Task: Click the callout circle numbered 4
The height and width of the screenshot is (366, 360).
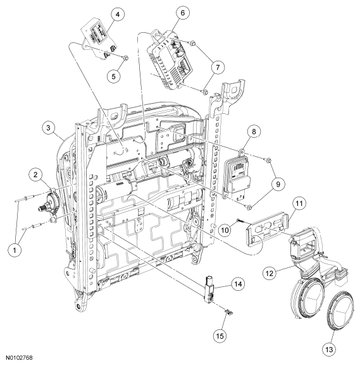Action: click(x=118, y=15)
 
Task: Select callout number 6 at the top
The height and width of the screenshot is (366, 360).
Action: click(x=182, y=13)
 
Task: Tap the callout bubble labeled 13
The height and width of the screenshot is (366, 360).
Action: click(x=329, y=350)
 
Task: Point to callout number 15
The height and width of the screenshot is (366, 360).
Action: click(x=220, y=336)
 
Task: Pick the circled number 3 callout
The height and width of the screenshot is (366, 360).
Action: click(x=48, y=128)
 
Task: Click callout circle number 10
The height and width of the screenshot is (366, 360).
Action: click(x=225, y=230)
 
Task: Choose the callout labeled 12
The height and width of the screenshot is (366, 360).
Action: click(x=270, y=273)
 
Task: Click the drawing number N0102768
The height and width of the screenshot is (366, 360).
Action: click(x=19, y=358)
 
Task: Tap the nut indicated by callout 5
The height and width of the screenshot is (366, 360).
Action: click(x=125, y=58)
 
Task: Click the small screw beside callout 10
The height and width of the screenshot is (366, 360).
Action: click(x=240, y=221)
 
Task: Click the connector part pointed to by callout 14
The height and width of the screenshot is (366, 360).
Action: click(x=209, y=290)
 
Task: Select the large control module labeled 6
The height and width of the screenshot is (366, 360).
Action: click(x=170, y=59)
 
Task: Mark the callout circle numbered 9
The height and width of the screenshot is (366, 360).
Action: click(x=278, y=185)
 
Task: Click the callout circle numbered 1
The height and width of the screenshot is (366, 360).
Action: click(x=15, y=250)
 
